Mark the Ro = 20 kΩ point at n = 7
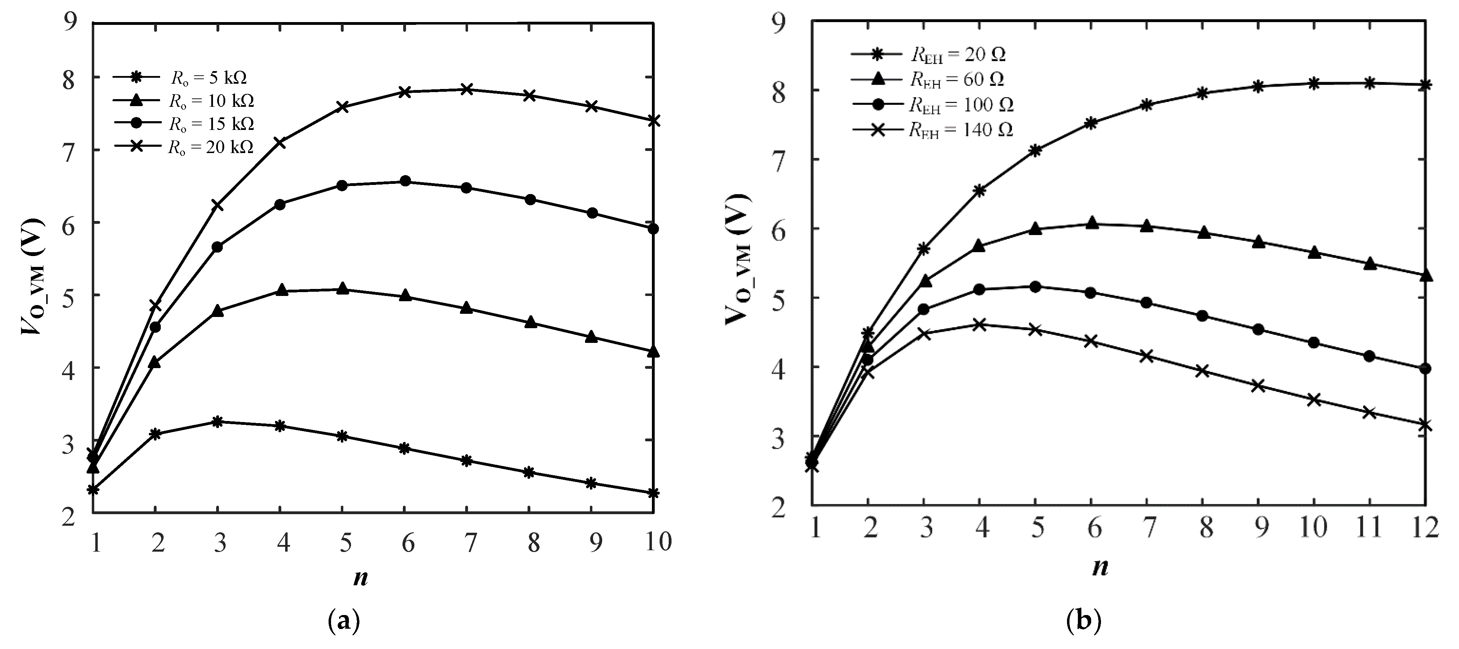467,89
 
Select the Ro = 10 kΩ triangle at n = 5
342,289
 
